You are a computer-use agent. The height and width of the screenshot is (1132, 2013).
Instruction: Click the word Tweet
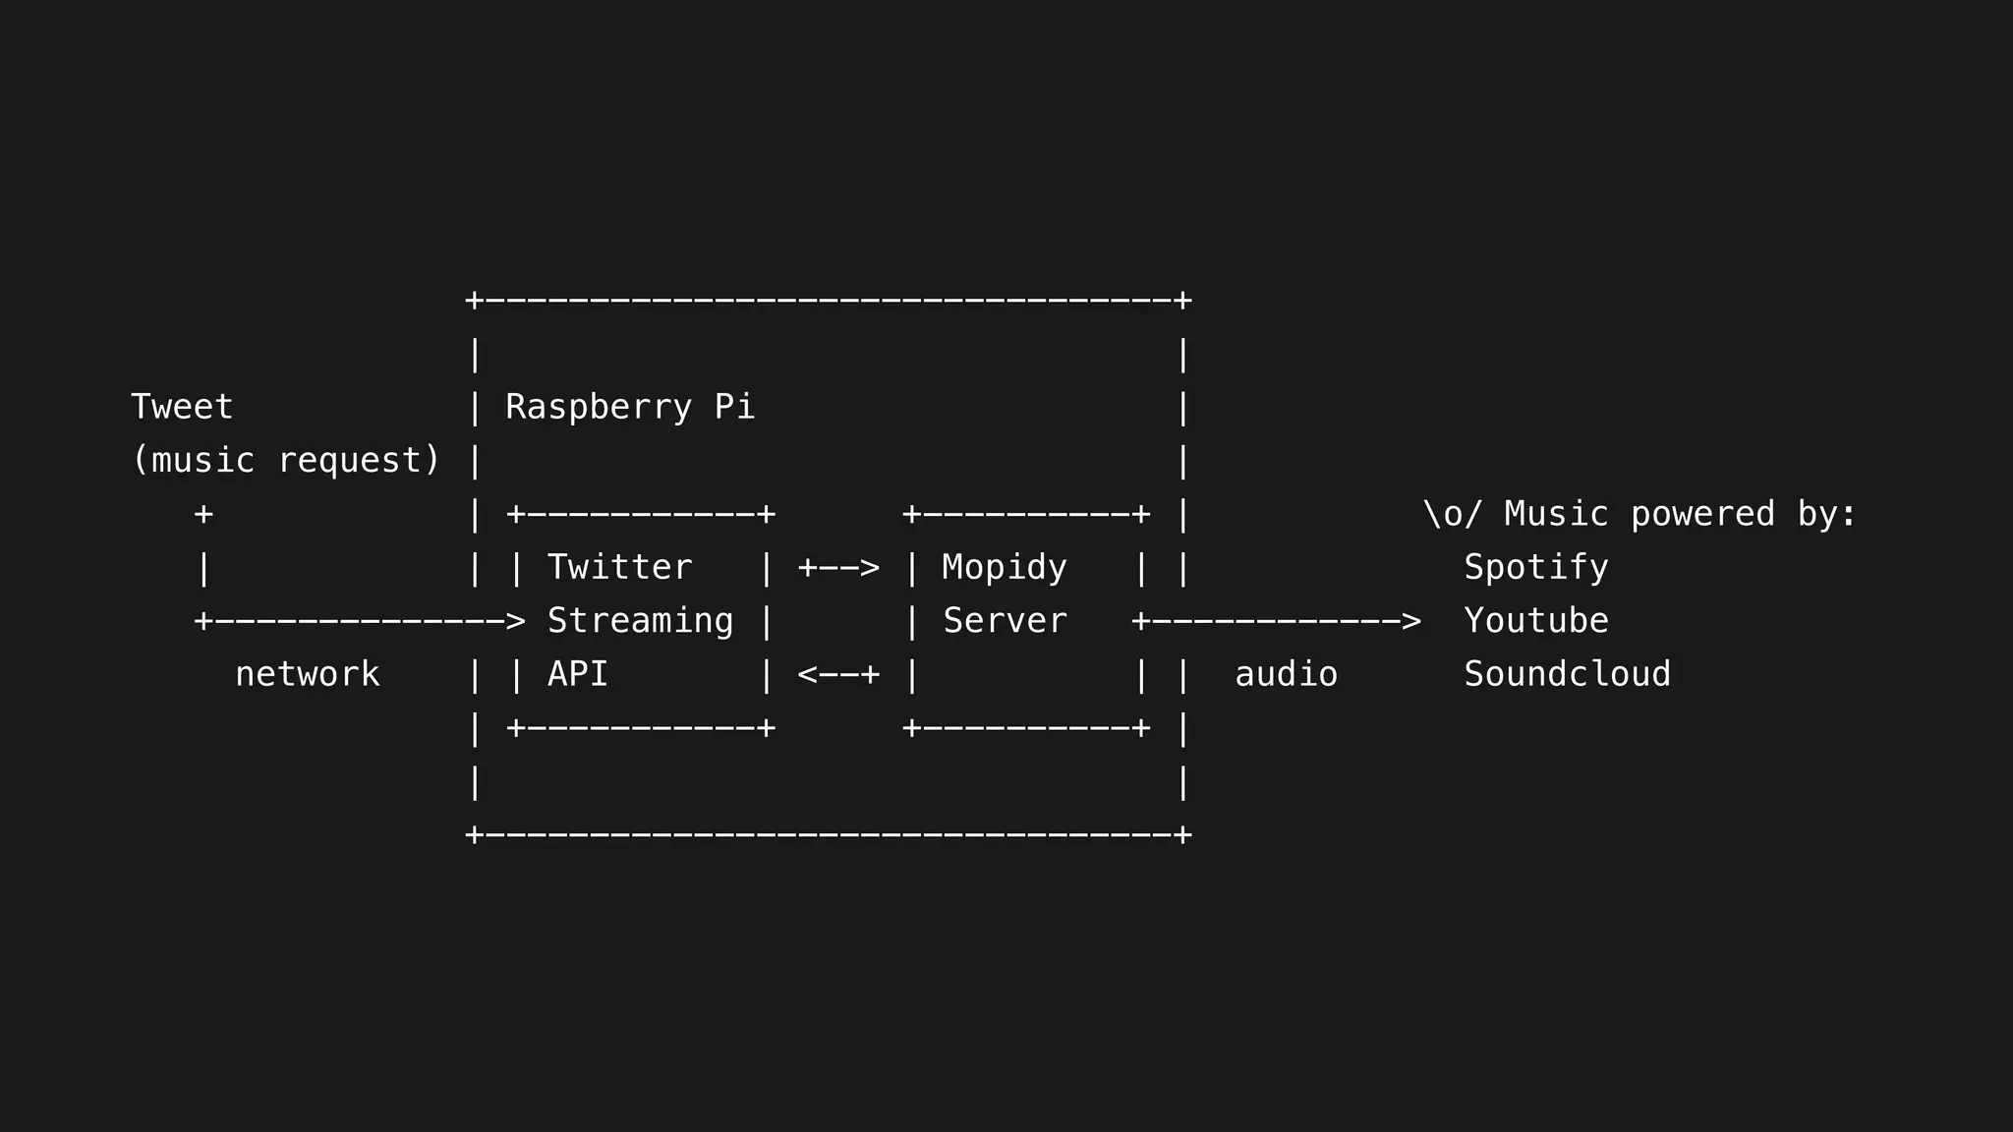point(182,407)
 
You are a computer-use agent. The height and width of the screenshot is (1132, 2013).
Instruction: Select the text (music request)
point(286,460)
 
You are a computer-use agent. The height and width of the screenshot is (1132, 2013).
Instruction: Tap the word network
point(307,674)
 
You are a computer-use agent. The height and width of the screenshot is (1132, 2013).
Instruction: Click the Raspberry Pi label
point(629,407)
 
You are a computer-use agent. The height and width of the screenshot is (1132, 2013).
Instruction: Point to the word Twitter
point(619,567)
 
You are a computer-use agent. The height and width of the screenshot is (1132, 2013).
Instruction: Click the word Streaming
point(640,621)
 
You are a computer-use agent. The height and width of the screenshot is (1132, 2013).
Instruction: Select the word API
point(577,674)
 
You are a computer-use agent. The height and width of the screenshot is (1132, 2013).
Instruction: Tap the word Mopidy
point(1004,567)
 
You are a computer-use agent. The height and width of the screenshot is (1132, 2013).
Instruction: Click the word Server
point(1005,621)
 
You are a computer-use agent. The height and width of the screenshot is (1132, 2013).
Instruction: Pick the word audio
point(1286,674)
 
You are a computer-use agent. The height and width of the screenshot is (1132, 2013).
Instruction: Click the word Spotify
point(1535,567)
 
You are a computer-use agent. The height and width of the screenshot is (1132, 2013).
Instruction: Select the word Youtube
point(1535,621)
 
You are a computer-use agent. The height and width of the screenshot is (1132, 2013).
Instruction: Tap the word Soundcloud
point(1567,674)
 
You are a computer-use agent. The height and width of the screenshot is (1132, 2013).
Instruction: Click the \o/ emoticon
point(1452,514)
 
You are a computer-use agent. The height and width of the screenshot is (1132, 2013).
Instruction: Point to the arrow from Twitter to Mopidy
point(838,568)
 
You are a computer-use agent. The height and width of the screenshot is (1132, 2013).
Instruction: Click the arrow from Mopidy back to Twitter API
point(838,674)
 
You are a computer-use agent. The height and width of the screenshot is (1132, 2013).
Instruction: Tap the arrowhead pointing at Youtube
point(1410,621)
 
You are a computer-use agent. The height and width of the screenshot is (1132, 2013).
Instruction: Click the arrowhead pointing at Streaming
point(515,621)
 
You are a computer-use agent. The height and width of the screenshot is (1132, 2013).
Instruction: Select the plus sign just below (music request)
point(203,514)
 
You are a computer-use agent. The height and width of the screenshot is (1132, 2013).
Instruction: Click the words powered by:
point(1743,514)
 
